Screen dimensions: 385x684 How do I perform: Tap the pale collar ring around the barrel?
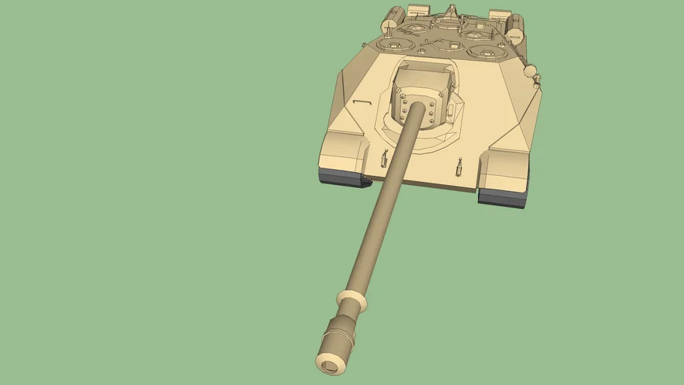point(353,299)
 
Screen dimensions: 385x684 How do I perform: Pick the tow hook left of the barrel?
point(384,159)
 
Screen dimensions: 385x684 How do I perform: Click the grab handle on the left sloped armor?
point(362,102)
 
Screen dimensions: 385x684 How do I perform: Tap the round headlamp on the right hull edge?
point(531,71)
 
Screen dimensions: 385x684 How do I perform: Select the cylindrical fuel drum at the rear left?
point(389,25)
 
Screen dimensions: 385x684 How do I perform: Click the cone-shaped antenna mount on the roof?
point(450,11)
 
